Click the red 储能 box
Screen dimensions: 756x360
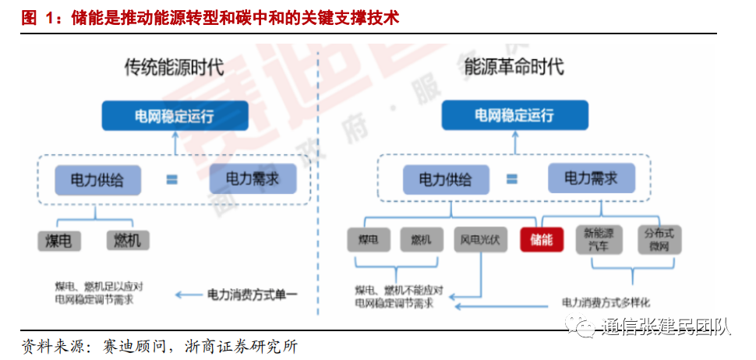click(541, 239)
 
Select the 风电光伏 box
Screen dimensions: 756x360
click(481, 239)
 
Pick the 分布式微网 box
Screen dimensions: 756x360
click(658, 239)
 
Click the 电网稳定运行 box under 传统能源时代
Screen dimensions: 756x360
click(174, 117)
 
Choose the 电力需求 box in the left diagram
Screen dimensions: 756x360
click(253, 178)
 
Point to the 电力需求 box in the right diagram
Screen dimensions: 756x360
click(591, 178)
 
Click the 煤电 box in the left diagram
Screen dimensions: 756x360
click(58, 240)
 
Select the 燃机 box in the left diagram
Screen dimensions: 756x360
click(128, 240)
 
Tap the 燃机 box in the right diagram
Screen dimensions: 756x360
click(421, 239)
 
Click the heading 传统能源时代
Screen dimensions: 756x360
click(175, 68)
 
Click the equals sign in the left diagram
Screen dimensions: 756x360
click(171, 180)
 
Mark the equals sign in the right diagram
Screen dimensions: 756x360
click(511, 179)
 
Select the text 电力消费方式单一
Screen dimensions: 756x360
click(253, 295)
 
